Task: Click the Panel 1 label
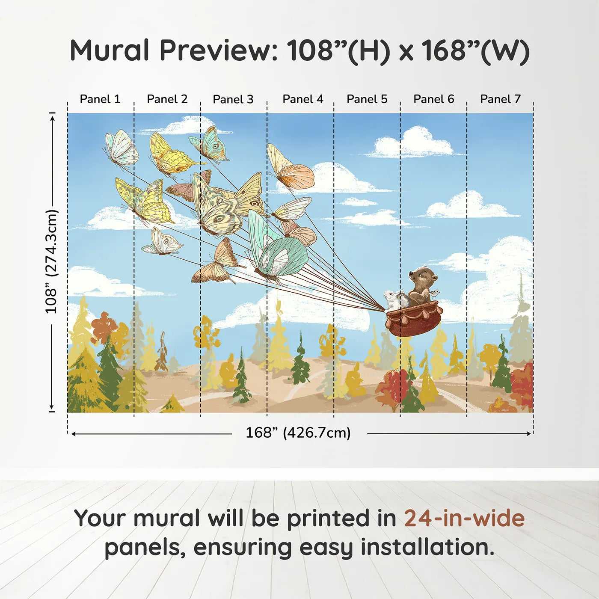pyautogui.click(x=100, y=99)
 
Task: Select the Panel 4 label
pyautogui.click(x=302, y=99)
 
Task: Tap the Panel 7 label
pyautogui.click(x=500, y=99)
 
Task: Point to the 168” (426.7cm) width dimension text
pyautogui.click(x=298, y=433)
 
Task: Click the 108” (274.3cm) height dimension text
pyautogui.click(x=51, y=261)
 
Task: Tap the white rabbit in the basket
pyautogui.click(x=391, y=299)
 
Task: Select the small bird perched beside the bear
pyautogui.click(x=435, y=293)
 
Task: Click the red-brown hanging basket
pyautogui.click(x=413, y=319)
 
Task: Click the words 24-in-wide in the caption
pyautogui.click(x=464, y=518)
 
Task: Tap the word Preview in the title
pyautogui.click(x=219, y=50)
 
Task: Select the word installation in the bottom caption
pyautogui.click(x=427, y=547)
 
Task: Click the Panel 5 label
pyautogui.click(x=367, y=99)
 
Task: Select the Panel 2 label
pyautogui.click(x=167, y=99)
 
